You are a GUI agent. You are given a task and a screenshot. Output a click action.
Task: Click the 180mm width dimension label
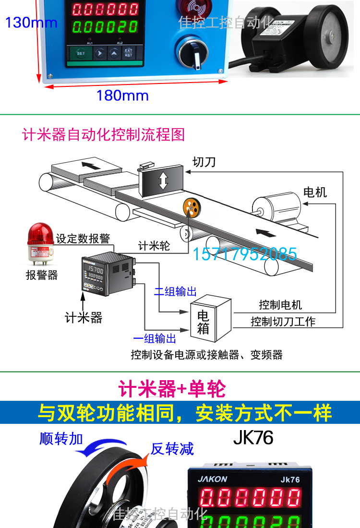click(122, 95)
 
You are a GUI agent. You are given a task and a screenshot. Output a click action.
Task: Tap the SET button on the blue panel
click(81, 53)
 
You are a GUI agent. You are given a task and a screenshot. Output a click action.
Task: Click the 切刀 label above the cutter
click(204, 162)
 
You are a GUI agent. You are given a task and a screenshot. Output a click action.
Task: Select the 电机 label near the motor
click(315, 192)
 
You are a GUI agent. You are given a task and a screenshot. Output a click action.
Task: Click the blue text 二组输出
click(175, 291)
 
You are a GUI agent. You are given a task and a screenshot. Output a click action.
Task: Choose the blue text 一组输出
click(155, 339)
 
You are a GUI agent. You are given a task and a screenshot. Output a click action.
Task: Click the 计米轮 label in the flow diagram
click(154, 246)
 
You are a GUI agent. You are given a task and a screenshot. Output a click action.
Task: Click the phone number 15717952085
click(245, 253)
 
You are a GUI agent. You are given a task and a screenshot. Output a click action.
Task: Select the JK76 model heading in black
click(253, 438)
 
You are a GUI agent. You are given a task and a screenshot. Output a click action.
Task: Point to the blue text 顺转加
click(61, 438)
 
